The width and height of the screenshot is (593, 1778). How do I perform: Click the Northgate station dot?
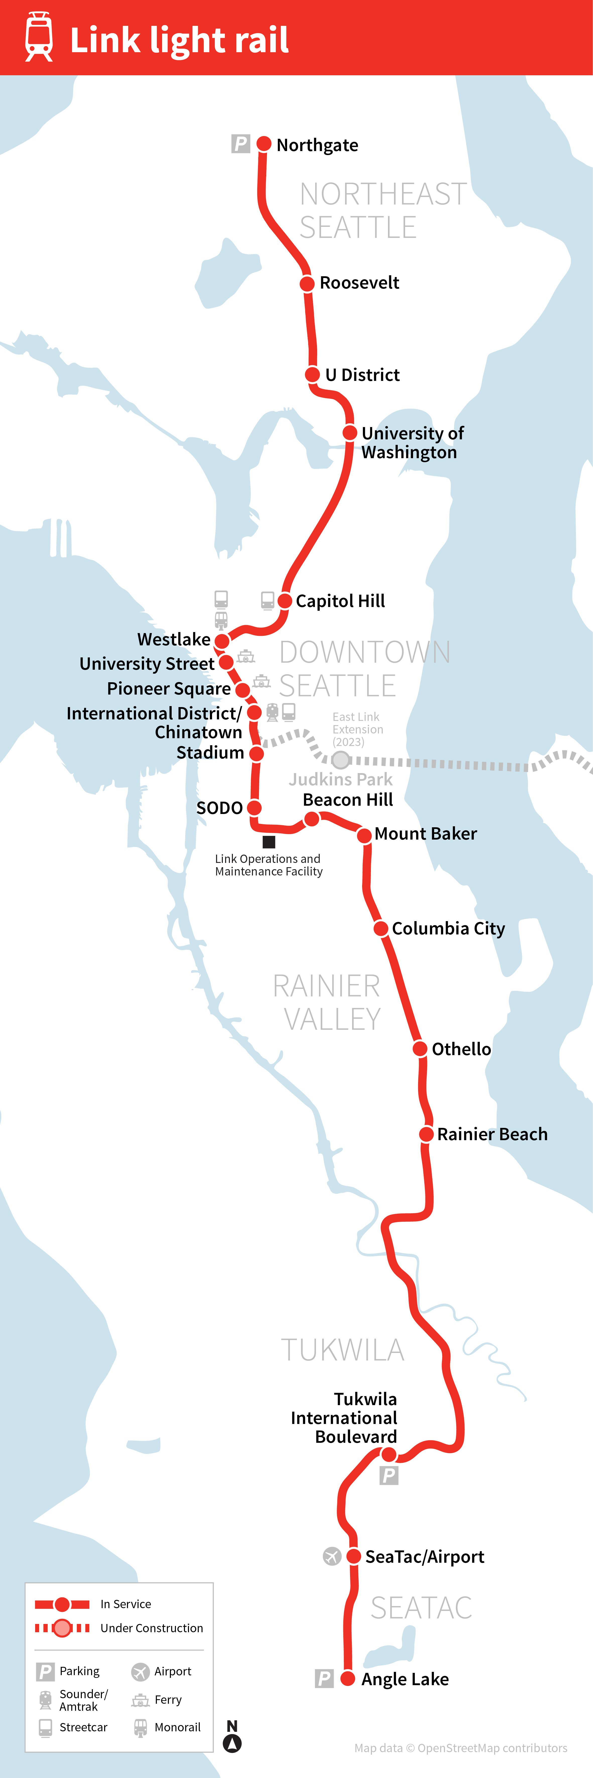point(264,144)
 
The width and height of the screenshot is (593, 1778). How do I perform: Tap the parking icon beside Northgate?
point(240,144)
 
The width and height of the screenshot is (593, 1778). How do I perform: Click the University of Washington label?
point(412,442)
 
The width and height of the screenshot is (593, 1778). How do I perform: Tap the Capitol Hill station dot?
point(284,600)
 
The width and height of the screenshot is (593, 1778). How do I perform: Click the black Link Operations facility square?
point(269,841)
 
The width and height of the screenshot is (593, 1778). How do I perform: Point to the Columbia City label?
point(448,928)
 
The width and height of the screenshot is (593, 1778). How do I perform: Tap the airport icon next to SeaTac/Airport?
point(332,1556)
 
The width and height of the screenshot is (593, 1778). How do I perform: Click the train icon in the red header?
point(39,37)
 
